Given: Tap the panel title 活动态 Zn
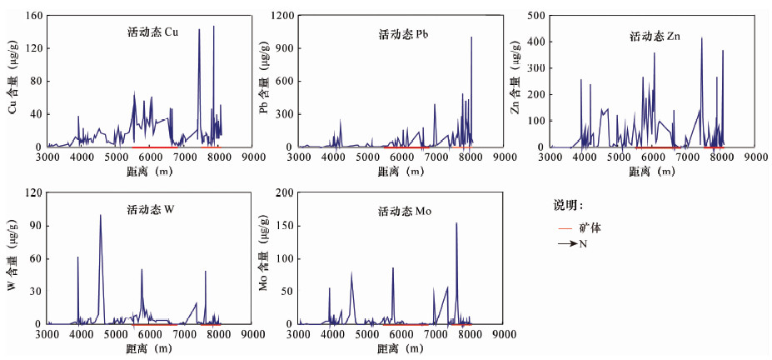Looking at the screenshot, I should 654,36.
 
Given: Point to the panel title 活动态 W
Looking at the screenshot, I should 151,209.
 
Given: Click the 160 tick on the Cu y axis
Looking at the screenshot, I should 33,16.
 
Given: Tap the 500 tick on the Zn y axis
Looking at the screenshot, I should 536,16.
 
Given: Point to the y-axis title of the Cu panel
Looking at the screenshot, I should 12,82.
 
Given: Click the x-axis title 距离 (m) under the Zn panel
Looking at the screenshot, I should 652,171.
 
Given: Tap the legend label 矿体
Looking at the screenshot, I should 590,227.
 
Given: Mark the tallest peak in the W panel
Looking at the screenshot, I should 101,215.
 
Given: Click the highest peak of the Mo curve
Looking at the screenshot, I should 456,222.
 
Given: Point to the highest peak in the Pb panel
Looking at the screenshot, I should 471,37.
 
